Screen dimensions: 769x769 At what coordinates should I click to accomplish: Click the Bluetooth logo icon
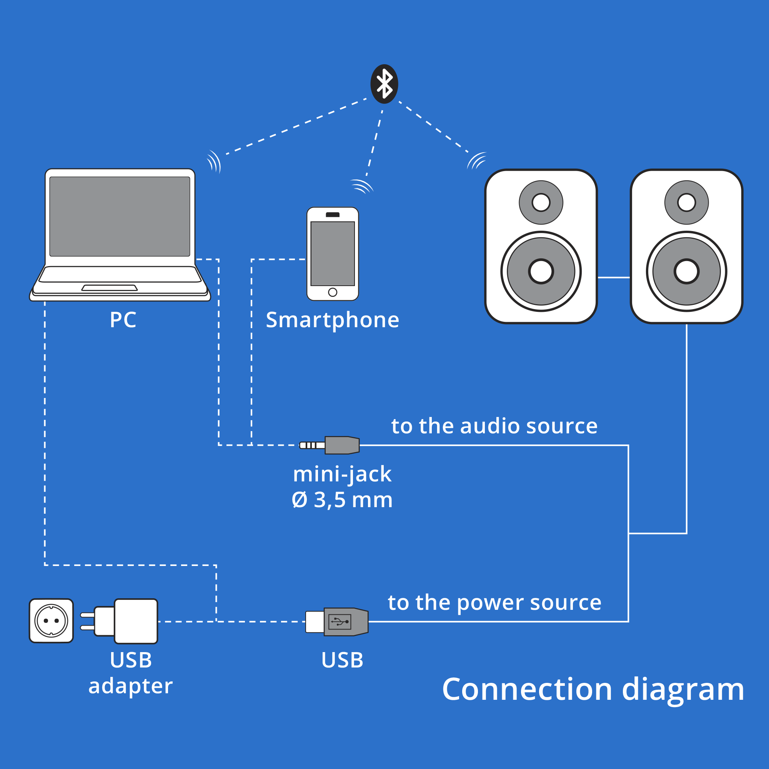(x=384, y=84)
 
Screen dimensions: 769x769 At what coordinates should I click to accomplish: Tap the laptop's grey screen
(x=120, y=216)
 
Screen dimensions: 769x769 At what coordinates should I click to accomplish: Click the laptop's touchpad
(x=110, y=288)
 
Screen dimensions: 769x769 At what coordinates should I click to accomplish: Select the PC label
(x=123, y=320)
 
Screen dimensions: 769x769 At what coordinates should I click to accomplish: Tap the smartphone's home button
(x=333, y=293)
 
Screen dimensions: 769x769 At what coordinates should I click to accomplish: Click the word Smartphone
(x=332, y=320)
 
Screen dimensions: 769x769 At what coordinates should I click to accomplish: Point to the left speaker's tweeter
(x=541, y=202)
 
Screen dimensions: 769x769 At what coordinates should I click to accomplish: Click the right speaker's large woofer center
(x=687, y=271)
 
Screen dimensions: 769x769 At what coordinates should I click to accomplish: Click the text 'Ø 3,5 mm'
(x=342, y=500)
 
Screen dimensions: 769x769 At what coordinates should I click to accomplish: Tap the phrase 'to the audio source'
(x=494, y=426)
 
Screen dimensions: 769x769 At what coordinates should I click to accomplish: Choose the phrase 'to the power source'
(x=494, y=602)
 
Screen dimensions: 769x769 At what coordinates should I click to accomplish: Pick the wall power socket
(x=52, y=621)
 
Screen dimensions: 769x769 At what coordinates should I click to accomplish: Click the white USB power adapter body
(x=135, y=621)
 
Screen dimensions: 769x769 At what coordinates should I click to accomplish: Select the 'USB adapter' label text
(x=131, y=672)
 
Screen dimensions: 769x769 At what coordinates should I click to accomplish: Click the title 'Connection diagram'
(x=593, y=689)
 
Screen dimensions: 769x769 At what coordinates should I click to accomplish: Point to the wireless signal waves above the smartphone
(x=361, y=186)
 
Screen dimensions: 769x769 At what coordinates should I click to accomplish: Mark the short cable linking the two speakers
(x=614, y=278)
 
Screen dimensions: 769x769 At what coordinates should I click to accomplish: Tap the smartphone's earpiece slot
(x=333, y=215)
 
